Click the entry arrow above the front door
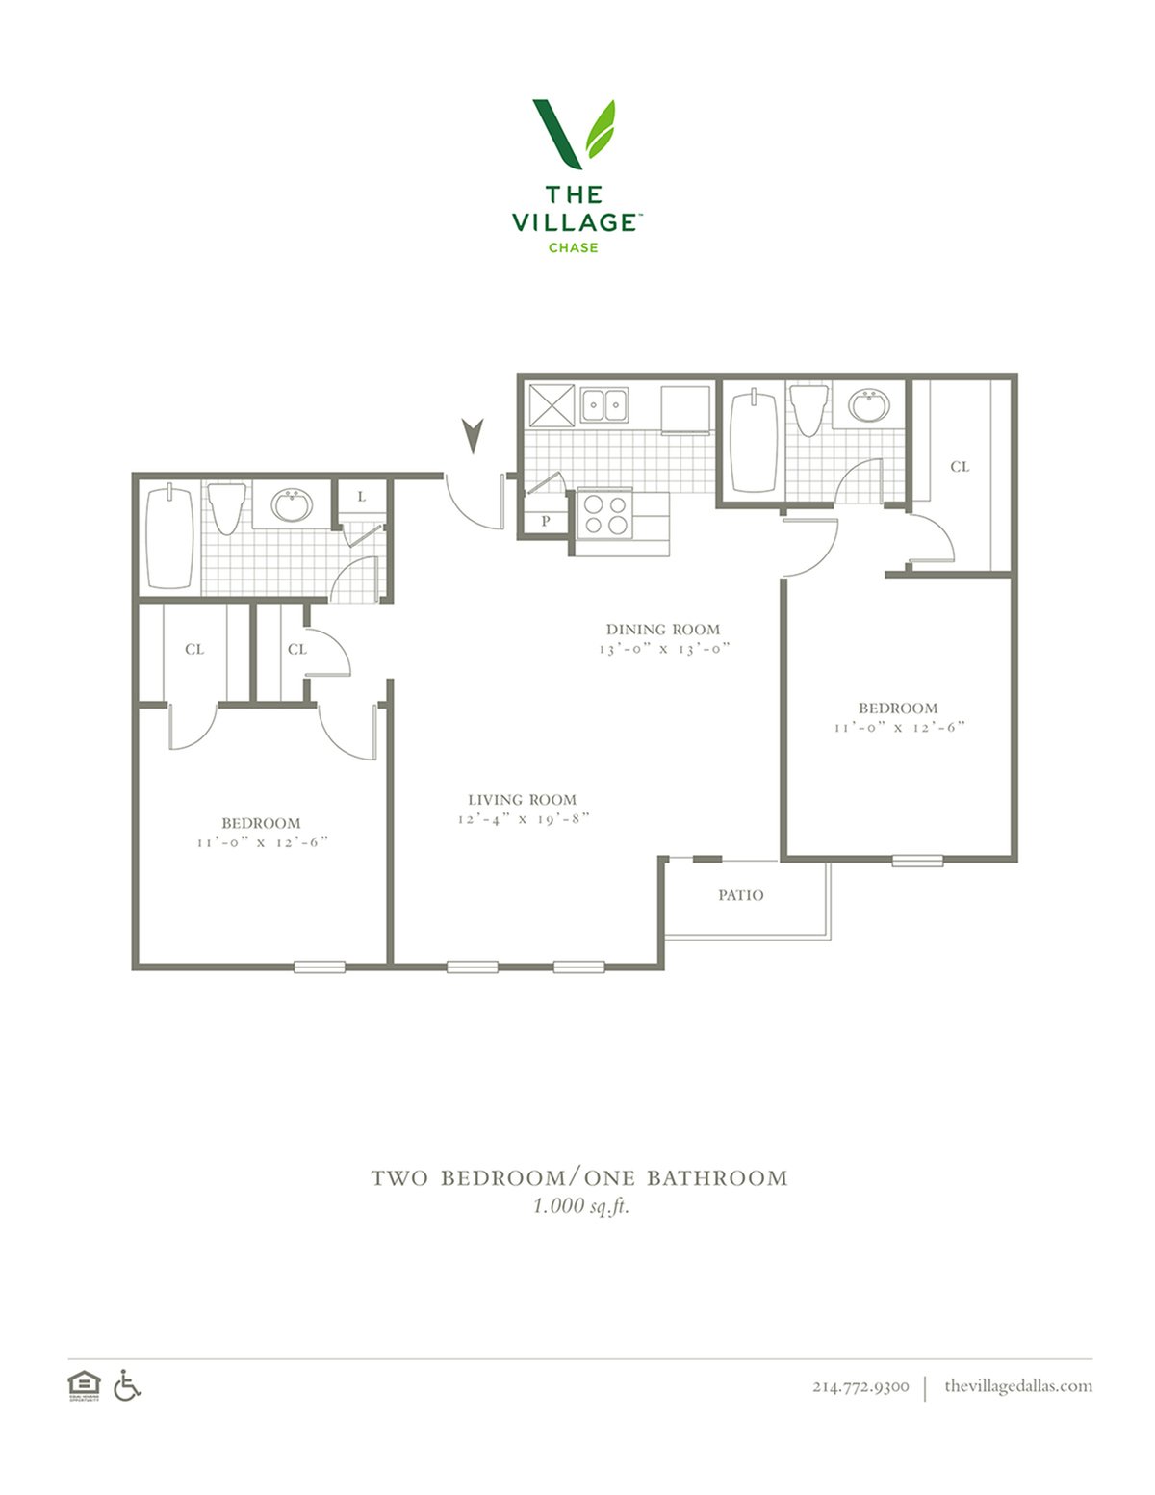(x=473, y=436)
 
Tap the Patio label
(x=740, y=895)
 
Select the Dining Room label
(x=662, y=629)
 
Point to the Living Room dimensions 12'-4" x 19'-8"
(x=524, y=818)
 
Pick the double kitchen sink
(x=604, y=404)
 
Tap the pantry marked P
(x=545, y=521)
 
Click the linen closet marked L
(x=361, y=496)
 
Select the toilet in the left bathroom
(x=226, y=508)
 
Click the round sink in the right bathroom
(x=868, y=405)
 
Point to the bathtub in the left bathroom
(x=169, y=537)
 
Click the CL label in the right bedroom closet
(x=960, y=467)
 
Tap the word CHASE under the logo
(x=573, y=247)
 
